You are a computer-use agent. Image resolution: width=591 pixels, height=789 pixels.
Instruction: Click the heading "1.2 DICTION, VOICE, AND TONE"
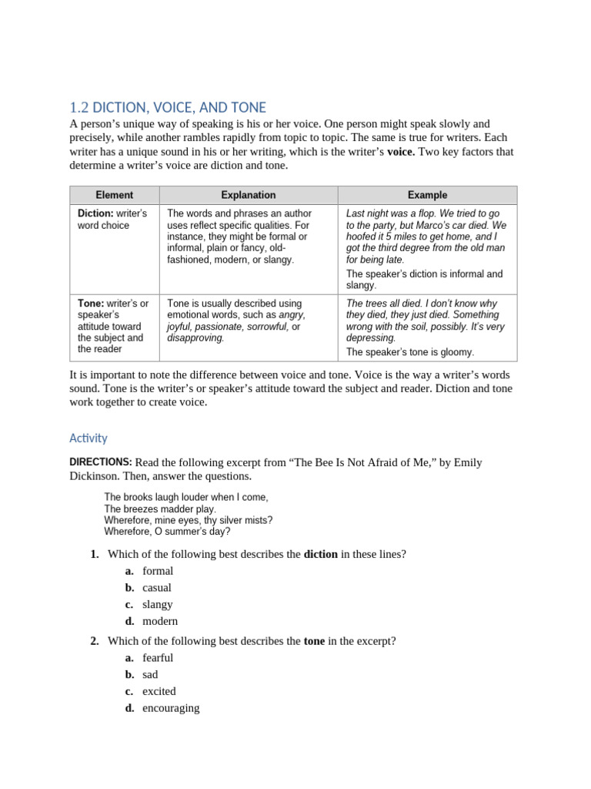[x=168, y=107]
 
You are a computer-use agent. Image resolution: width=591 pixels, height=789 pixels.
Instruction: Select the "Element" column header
[x=114, y=195]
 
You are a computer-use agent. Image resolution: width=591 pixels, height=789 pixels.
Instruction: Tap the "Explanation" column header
[x=248, y=195]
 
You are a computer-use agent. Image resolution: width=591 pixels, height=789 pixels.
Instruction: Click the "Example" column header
[x=427, y=195]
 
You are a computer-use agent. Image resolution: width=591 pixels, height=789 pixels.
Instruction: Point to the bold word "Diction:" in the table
[x=95, y=213]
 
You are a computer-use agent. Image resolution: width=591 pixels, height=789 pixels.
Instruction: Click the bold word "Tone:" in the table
[x=91, y=304]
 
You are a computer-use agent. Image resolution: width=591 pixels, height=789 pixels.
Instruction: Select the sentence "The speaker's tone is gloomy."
[x=410, y=352]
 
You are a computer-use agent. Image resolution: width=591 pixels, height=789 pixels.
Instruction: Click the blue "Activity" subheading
[x=88, y=438]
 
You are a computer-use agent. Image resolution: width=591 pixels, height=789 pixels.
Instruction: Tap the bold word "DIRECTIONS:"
[x=101, y=462]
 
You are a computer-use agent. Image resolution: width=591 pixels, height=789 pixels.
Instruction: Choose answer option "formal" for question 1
[x=158, y=571]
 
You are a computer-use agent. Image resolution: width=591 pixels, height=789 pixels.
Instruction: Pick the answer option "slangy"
[x=157, y=605]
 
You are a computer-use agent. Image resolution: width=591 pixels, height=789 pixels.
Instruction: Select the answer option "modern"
[x=160, y=622]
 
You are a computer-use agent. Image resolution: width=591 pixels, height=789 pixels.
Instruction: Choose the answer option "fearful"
[x=158, y=658]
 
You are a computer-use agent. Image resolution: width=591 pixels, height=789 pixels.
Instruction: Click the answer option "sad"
[x=150, y=675]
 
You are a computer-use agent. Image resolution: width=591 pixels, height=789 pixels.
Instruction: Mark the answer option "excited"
[x=159, y=692]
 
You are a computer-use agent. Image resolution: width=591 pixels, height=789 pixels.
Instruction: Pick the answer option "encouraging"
[x=171, y=709]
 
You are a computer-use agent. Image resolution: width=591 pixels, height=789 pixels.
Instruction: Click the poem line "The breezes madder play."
[x=160, y=509]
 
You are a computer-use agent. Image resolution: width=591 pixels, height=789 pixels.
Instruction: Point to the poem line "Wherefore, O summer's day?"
[x=167, y=532]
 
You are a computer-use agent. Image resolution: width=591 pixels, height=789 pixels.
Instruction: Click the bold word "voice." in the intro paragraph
[x=400, y=152]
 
